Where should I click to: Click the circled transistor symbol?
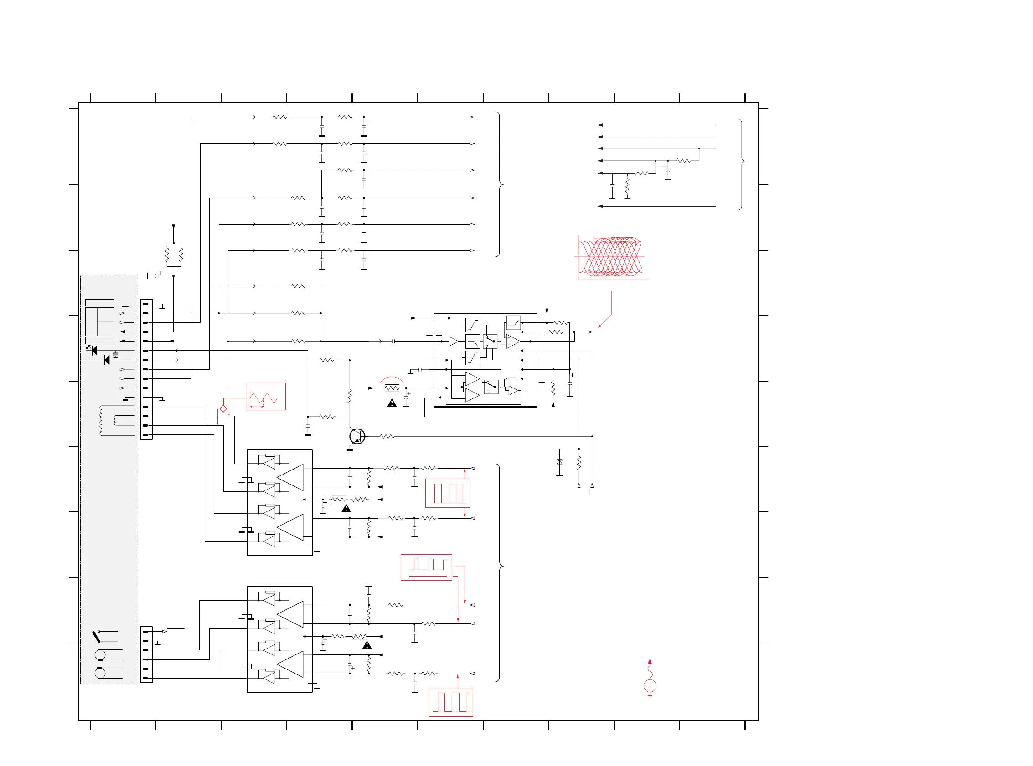pyautogui.click(x=357, y=436)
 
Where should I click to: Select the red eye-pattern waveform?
pyautogui.click(x=612, y=257)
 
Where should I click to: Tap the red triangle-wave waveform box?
pyautogui.click(x=266, y=397)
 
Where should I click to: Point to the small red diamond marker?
pyautogui.click(x=223, y=409)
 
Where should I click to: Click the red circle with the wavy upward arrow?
pyautogui.click(x=650, y=686)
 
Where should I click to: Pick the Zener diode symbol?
pyautogui.click(x=560, y=462)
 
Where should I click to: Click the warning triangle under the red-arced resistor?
pyautogui.click(x=392, y=403)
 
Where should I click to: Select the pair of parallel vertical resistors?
pyautogui.click(x=174, y=255)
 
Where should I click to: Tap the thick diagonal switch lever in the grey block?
pyautogui.click(x=96, y=637)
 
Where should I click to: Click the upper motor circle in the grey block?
pyautogui.click(x=100, y=655)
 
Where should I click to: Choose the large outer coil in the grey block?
pyautogui.click(x=101, y=420)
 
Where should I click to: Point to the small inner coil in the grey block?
pyautogui.click(x=115, y=420)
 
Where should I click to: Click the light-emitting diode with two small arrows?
pyautogui.click(x=93, y=351)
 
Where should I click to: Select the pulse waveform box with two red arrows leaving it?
pyautogui.click(x=426, y=567)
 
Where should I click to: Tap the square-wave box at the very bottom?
pyautogui.click(x=450, y=702)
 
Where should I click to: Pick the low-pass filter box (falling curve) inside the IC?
pyautogui.click(x=472, y=342)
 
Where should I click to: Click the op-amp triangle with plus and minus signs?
pyautogui.click(x=513, y=341)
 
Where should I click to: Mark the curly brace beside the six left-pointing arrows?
pyautogui.click(x=742, y=164)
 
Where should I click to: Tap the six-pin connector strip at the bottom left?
pyautogui.click(x=146, y=655)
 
